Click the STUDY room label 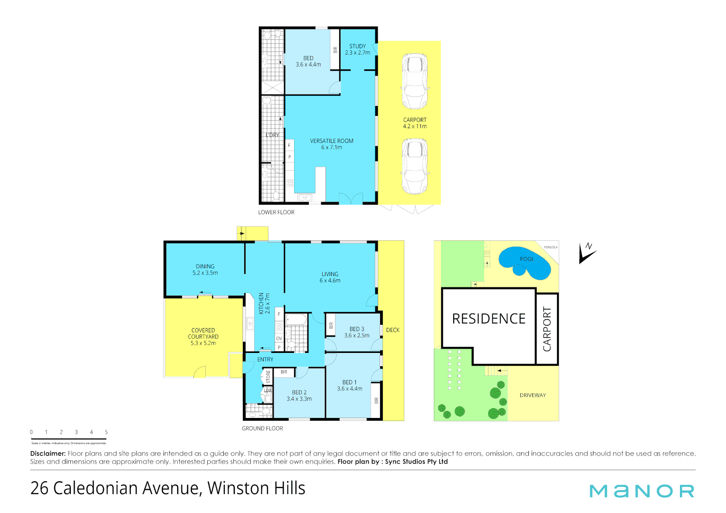point(357,47)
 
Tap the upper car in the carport point(415,81)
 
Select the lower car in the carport point(415,166)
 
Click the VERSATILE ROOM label point(332,141)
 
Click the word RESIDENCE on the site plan point(488,319)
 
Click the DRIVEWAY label point(533,395)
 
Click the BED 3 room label point(357,329)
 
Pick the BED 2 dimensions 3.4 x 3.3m point(299,399)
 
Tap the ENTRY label point(265,360)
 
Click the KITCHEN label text point(261,303)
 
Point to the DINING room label point(205,266)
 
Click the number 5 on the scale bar point(106,432)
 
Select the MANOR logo point(641,491)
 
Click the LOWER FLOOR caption point(276,212)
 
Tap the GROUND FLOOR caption point(262,428)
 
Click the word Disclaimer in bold point(48,454)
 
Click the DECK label point(392,330)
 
